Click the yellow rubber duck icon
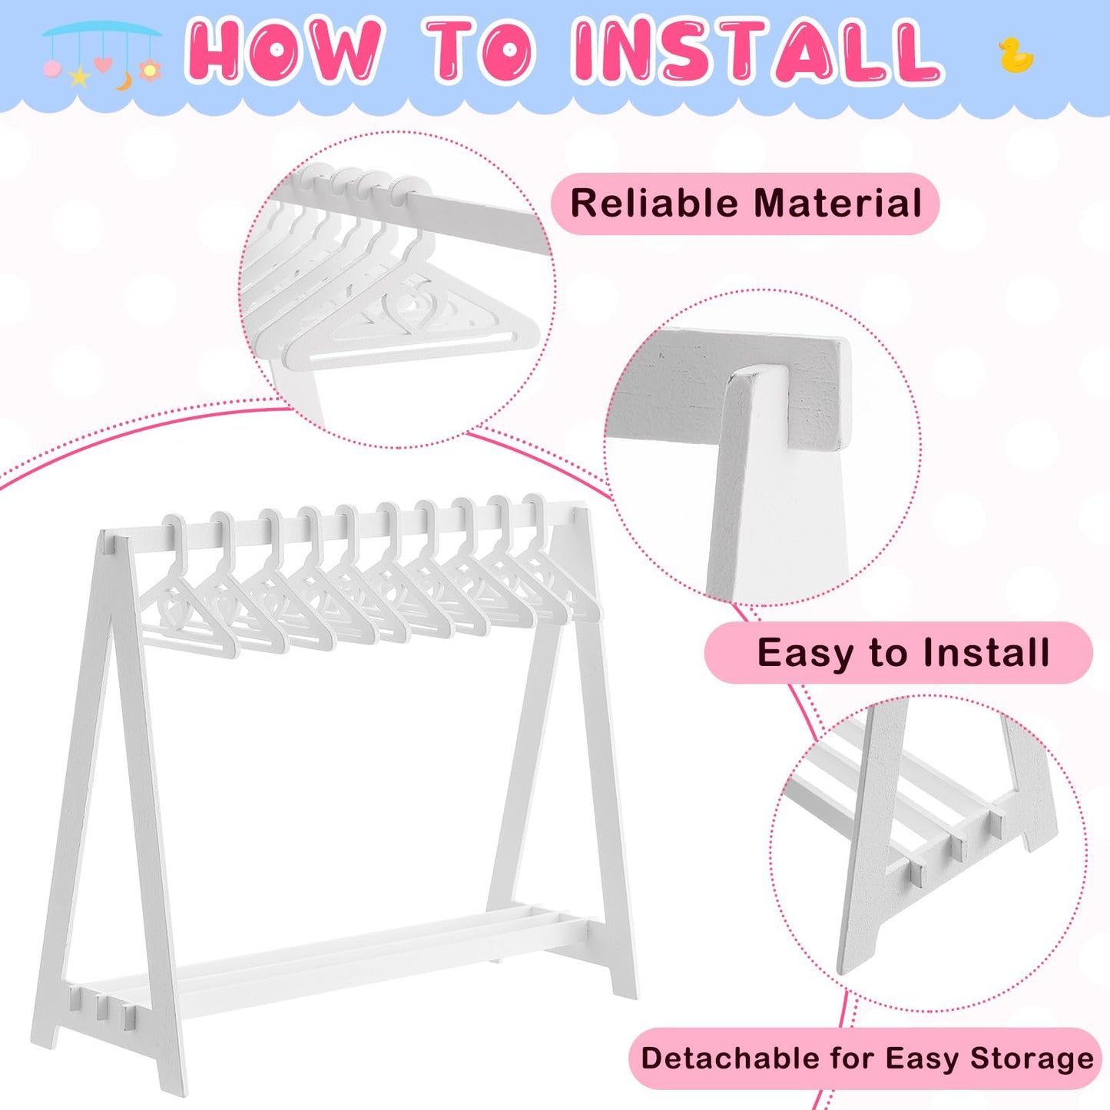pos(1017,55)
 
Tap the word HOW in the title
pos(282,51)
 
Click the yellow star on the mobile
pos(79,77)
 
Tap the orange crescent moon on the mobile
pos(124,81)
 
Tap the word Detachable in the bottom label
pos(731,1059)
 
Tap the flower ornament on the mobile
pos(150,70)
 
